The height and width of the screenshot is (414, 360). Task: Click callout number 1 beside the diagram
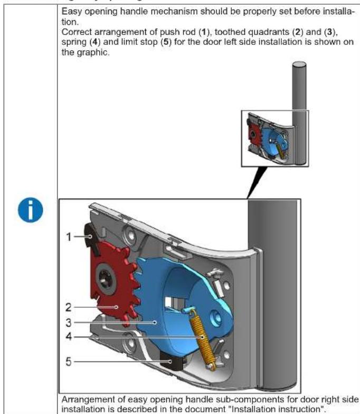click(69, 237)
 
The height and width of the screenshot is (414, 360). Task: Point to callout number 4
click(69, 335)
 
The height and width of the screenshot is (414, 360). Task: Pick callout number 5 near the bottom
click(69, 362)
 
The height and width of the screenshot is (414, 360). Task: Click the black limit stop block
click(173, 364)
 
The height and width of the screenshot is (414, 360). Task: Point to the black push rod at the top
click(91, 234)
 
